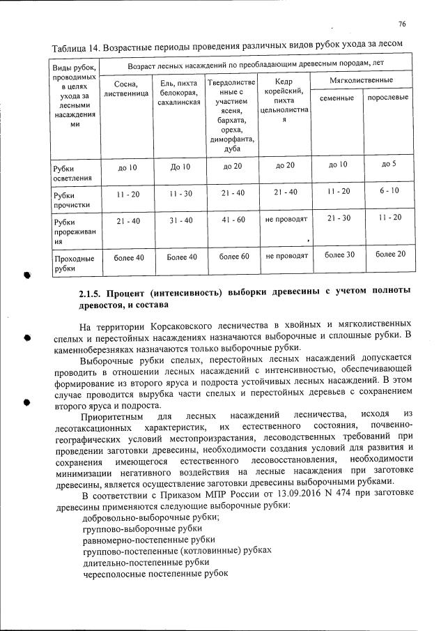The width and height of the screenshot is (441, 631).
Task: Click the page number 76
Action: click(403, 24)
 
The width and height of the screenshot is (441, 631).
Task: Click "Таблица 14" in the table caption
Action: click(75, 47)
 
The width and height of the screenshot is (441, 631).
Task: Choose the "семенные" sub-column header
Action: click(337, 100)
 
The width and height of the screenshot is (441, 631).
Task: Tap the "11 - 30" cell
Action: click(180, 193)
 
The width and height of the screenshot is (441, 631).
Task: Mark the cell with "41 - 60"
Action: click(233, 220)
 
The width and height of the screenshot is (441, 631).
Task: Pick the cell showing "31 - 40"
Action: click(180, 220)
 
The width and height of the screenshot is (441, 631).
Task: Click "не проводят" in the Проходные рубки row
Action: click(286, 256)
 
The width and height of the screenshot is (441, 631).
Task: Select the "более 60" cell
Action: click(233, 257)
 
